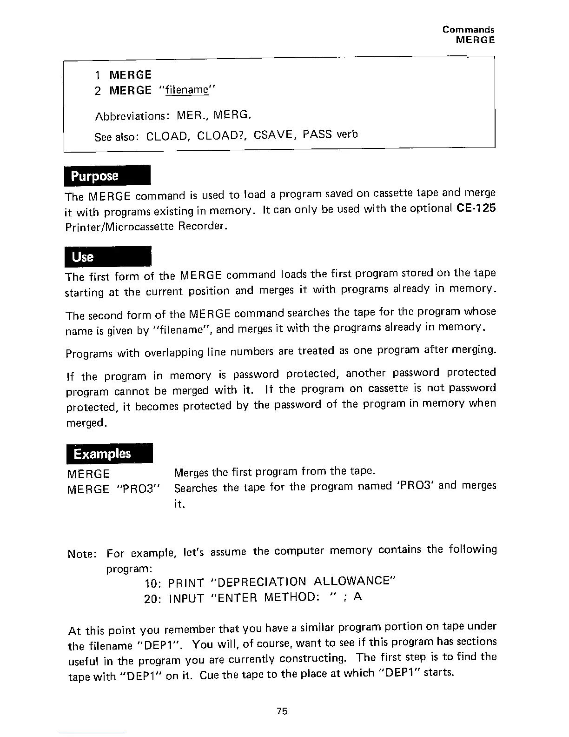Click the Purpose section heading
tap(94, 176)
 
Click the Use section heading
tap(83, 257)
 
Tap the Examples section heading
tap(102, 454)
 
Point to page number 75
tap(282, 711)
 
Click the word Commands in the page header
tap(468, 30)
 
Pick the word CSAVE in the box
tap(273, 135)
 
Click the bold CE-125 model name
tap(476, 208)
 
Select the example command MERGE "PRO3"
tap(114, 489)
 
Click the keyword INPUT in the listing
tap(186, 598)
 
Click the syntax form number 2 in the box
tap(98, 90)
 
